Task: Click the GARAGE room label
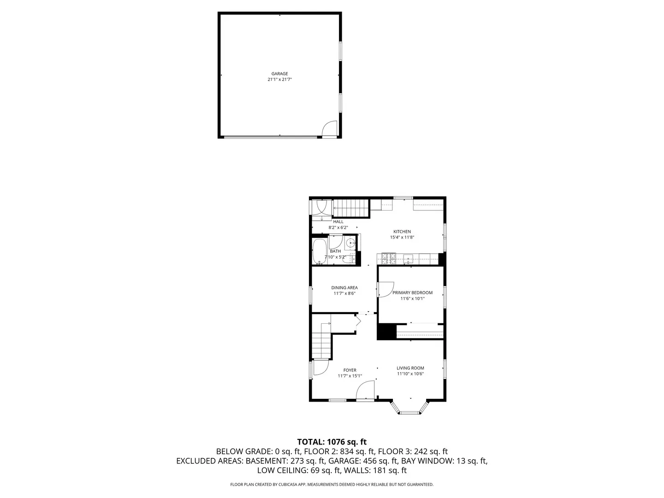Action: [279, 74]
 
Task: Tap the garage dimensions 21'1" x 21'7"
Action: [279, 80]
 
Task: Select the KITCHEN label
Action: [402, 232]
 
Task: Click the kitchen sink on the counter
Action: [408, 259]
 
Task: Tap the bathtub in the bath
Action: [319, 251]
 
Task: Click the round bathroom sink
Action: [351, 243]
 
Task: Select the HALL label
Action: [338, 222]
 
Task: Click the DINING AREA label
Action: [344, 288]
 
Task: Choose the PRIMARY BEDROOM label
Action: [412, 293]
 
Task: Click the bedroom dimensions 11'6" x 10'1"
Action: [412, 299]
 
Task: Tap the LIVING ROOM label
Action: [410, 368]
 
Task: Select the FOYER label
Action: [350, 370]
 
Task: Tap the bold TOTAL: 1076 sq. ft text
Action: [332, 442]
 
